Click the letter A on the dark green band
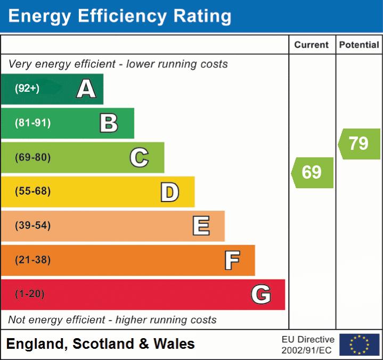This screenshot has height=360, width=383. [86, 89]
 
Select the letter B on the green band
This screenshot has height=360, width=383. [109, 123]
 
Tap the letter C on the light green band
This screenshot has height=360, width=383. [139, 158]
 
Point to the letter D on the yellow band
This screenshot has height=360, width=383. [169, 192]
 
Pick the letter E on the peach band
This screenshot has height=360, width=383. [200, 226]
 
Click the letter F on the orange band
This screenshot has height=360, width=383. [231, 260]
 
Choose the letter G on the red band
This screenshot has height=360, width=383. [261, 294]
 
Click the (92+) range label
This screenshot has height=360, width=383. [27, 89]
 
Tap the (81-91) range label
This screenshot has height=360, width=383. [32, 123]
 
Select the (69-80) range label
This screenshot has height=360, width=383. [32, 158]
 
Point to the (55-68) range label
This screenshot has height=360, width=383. [32, 191]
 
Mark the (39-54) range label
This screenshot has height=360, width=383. [32, 226]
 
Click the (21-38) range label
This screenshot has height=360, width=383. [32, 260]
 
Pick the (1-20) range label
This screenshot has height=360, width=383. [30, 294]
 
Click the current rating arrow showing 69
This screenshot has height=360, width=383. [313, 172]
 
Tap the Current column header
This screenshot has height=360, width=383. [312, 45]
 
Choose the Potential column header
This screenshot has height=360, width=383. [359, 45]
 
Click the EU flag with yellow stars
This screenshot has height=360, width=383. [359, 345]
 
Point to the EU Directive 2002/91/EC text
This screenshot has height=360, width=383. [308, 345]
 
